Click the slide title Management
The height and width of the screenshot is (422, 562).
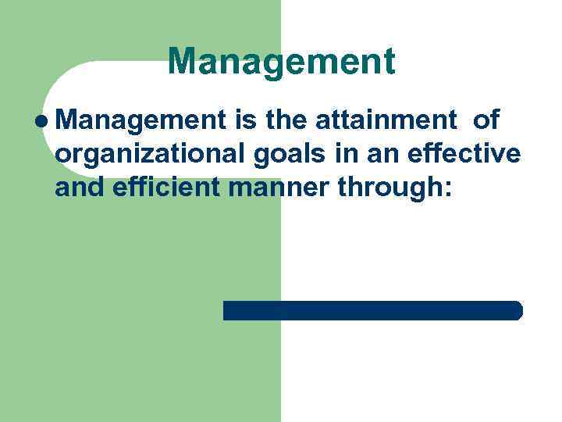coord(281,62)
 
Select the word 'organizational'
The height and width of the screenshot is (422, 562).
coord(151,155)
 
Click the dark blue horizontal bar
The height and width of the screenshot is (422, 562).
coord(372,310)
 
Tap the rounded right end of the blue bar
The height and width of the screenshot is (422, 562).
coord(518,310)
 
